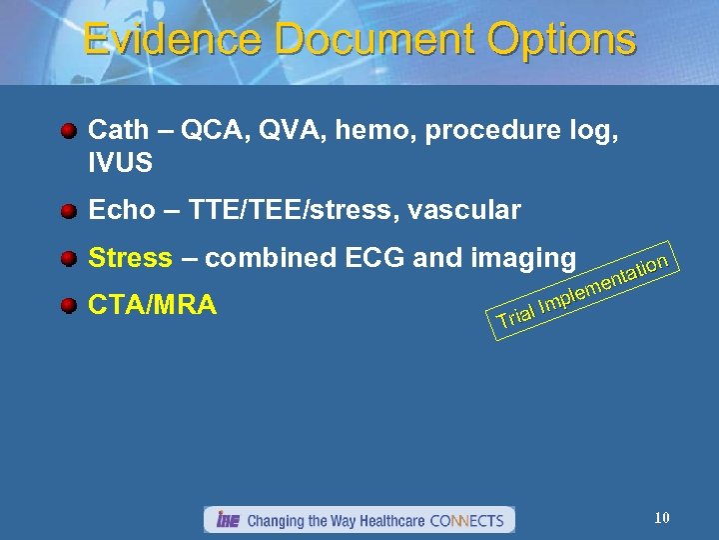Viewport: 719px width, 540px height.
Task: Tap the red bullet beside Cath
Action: click(x=68, y=131)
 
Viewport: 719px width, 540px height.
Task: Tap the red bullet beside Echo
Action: click(x=68, y=211)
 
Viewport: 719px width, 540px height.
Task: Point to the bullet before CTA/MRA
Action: click(x=68, y=305)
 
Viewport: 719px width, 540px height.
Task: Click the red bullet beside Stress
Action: click(x=68, y=259)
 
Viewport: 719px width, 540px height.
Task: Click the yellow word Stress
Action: click(x=130, y=258)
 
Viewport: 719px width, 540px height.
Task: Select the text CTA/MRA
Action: click(x=152, y=304)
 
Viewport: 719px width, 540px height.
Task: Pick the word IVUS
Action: click(x=120, y=160)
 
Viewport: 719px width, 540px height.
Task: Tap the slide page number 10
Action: click(x=661, y=517)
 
